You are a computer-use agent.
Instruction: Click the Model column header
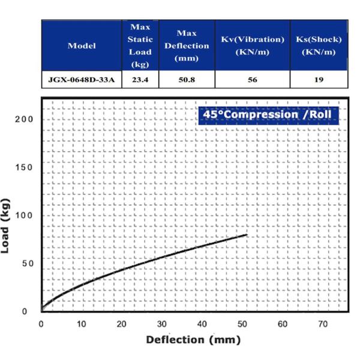coord(82,46)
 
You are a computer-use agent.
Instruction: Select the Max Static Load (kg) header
coord(140,46)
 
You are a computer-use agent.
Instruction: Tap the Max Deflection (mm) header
coord(187,46)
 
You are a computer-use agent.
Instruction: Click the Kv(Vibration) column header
coord(252,46)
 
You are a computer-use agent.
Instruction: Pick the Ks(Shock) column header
coord(319,46)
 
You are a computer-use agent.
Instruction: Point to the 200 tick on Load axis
coord(25,119)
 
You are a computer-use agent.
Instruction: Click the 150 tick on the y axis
coord(25,167)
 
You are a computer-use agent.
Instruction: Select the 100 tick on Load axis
coord(25,215)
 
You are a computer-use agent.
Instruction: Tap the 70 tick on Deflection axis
coord(323,325)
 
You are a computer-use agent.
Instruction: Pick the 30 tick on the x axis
coord(162,325)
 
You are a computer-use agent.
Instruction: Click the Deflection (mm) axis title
coord(193,340)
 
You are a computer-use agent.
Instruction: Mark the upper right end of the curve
coord(246,235)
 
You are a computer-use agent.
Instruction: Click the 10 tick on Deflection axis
coord(81,325)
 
